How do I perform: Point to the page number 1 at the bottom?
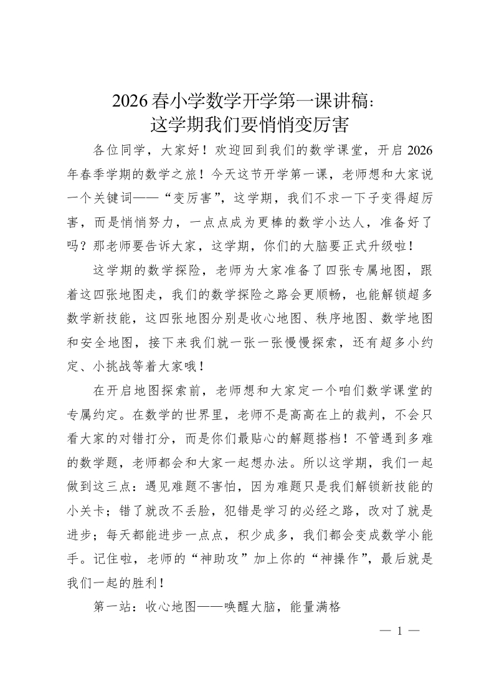[399, 632]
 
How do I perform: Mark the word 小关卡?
[83, 508]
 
